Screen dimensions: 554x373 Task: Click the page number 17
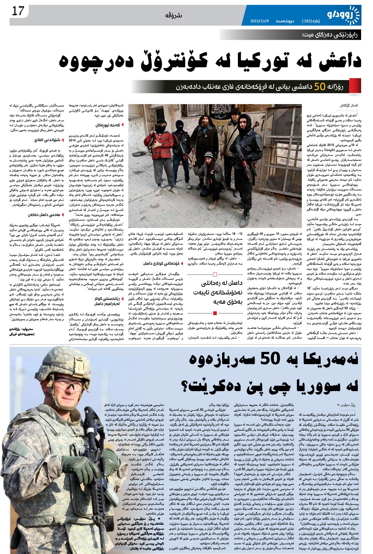18,11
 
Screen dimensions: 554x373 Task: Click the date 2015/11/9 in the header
259,21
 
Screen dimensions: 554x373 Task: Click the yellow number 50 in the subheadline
320,86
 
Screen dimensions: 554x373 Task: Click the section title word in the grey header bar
173,16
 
